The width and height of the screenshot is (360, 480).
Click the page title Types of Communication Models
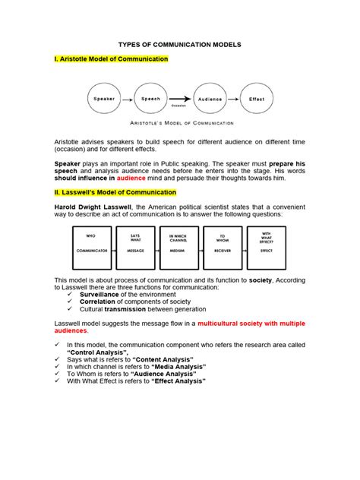pos(180,45)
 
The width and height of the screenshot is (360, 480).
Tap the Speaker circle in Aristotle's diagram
pos(104,99)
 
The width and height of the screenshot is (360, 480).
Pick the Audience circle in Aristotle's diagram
pos(210,99)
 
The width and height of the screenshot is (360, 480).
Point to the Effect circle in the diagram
pos(257,99)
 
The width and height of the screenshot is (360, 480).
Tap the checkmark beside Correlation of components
pos(72,302)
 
